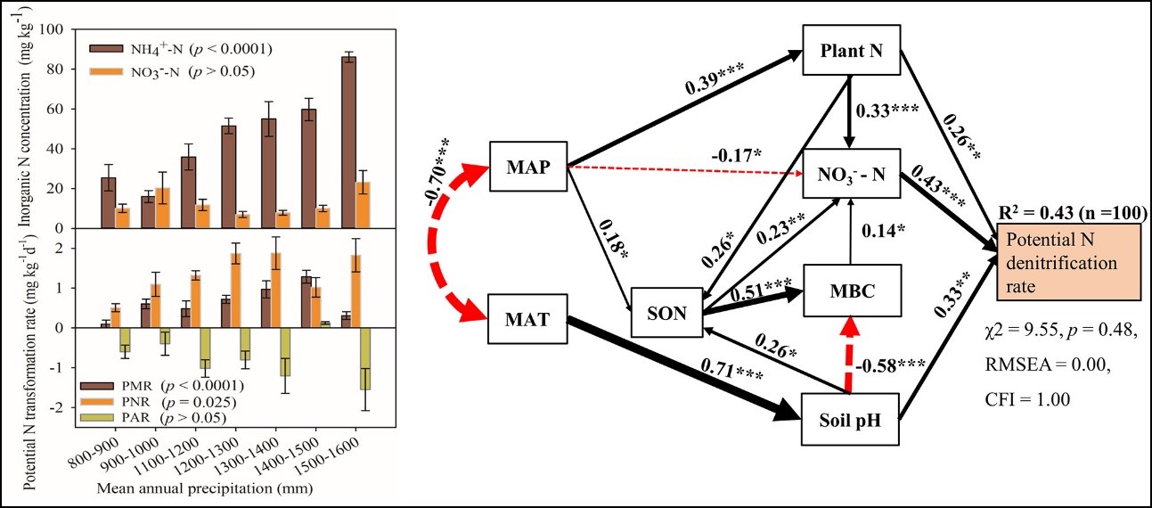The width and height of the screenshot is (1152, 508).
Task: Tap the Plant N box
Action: tap(851, 50)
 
